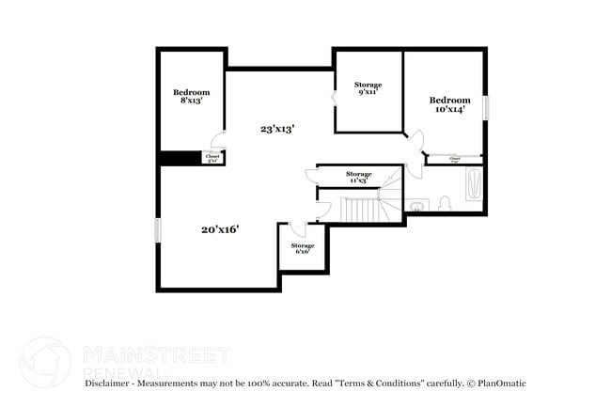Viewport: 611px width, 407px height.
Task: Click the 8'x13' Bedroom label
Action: (191, 97)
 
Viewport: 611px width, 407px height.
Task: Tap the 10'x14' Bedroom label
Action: (449, 104)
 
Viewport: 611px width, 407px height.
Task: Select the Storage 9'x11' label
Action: (368, 88)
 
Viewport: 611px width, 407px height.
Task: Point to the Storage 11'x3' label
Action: (358, 177)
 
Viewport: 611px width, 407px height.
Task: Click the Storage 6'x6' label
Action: (302, 248)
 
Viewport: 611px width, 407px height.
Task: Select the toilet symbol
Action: (445, 202)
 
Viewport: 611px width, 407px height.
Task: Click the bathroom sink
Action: (416, 204)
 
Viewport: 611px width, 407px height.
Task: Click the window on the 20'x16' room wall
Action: (158, 229)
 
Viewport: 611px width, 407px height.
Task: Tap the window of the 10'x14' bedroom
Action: (486, 107)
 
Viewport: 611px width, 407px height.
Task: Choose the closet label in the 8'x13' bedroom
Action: (212, 159)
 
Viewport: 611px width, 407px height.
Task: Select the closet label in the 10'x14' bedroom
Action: (454, 161)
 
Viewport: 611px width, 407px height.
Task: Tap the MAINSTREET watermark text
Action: (156, 354)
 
